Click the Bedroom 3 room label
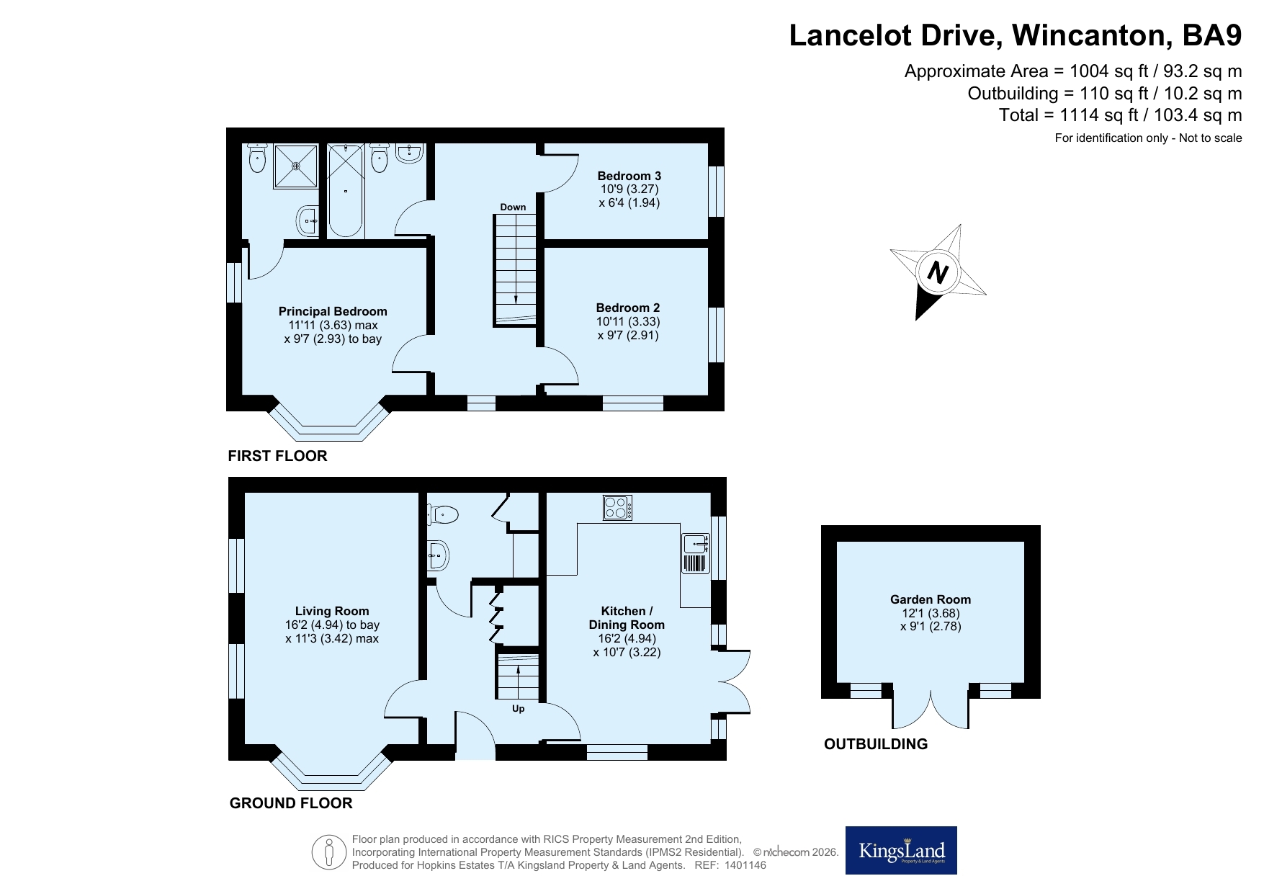coord(629,176)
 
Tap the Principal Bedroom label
coord(333,311)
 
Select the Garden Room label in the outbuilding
coord(931,599)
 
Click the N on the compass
coord(937,273)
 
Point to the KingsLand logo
coord(901,850)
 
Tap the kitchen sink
coord(696,553)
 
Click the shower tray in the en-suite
coord(295,166)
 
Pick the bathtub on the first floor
coord(346,190)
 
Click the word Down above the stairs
coord(513,207)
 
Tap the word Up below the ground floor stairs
coord(518,709)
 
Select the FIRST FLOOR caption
coord(277,456)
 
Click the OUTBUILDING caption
coord(876,744)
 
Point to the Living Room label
coord(332,612)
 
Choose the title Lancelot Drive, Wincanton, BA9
coord(1016,36)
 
